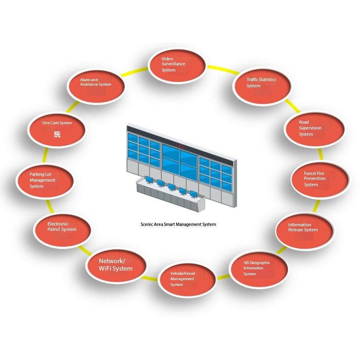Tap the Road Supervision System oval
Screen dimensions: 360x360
coord(315,129)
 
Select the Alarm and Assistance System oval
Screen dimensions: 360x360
coord(96,84)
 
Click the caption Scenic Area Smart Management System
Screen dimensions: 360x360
coord(178,225)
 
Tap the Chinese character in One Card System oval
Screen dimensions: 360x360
coord(58,134)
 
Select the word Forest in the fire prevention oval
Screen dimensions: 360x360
coord(311,174)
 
